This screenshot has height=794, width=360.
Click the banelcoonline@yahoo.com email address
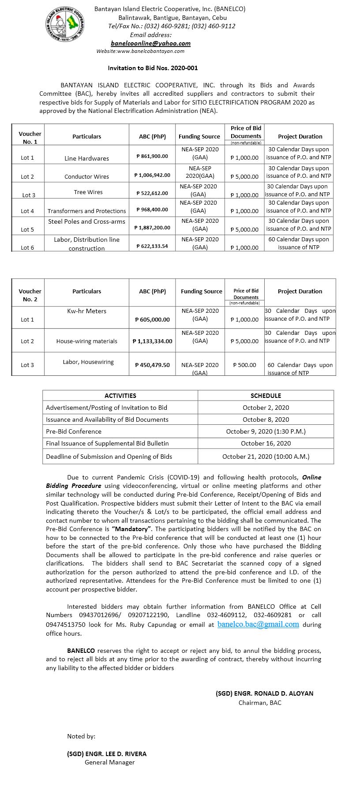[150, 43]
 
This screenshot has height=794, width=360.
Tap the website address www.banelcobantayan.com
[140, 51]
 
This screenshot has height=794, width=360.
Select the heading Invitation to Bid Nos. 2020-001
[153, 68]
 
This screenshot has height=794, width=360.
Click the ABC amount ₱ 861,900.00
[152, 156]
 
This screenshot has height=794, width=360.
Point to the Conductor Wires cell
[86, 176]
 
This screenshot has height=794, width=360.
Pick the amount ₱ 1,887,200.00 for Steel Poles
[152, 228]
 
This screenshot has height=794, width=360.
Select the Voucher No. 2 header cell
[30, 295]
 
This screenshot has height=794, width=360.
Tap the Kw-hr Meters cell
[86, 311]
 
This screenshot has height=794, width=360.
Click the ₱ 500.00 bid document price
[244, 365]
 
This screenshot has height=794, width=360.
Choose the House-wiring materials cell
[86, 341]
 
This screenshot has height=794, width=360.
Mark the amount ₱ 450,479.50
[152, 365]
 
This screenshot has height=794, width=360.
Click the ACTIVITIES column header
[120, 396]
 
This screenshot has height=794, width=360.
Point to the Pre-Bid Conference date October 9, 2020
[266, 431]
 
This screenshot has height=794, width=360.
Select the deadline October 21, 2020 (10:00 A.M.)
[266, 457]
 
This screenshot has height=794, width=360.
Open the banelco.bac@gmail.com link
[258, 624]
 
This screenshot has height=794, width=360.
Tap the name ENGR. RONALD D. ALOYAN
[264, 693]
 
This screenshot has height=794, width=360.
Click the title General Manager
[109, 762]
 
